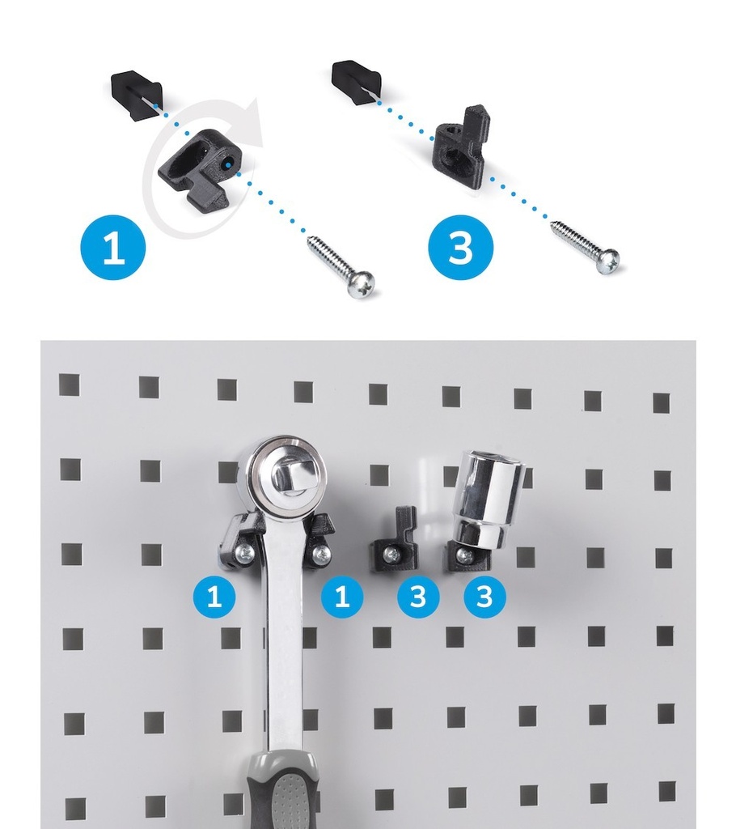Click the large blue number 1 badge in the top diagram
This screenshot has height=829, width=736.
pyautogui.click(x=113, y=247)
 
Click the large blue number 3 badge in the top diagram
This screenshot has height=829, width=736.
pyautogui.click(x=460, y=248)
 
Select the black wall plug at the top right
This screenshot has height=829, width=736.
pyautogui.click(x=357, y=80)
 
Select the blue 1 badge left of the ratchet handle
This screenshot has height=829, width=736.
pyautogui.click(x=214, y=597)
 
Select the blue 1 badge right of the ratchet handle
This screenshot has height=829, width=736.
pyautogui.click(x=342, y=597)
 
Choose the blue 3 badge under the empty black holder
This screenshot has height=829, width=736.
pyautogui.click(x=418, y=597)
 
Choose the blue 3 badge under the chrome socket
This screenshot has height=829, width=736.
pyautogui.click(x=484, y=597)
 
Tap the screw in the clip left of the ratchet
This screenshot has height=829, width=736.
pyautogui.click(x=245, y=552)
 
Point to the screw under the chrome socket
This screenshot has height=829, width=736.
pyautogui.click(x=465, y=555)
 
